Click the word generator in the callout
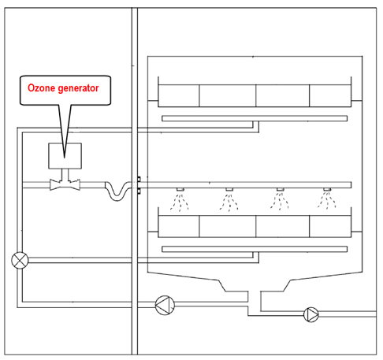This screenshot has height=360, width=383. (x=78, y=88)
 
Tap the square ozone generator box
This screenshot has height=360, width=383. (x=65, y=156)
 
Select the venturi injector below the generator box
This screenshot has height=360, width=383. (x=65, y=184)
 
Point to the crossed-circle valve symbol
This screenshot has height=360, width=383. (x=20, y=260)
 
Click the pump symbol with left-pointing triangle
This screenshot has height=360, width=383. (x=165, y=305)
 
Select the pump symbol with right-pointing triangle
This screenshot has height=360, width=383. (x=311, y=314)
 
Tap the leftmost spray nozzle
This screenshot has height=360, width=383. (x=180, y=189)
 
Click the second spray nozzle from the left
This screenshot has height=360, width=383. (x=229, y=189)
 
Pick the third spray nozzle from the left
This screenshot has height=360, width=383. (x=280, y=189)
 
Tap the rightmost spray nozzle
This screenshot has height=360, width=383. (x=327, y=189)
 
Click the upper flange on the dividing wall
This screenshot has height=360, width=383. (x=139, y=180)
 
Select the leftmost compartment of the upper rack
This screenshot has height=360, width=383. (x=179, y=95)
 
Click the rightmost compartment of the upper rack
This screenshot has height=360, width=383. (x=330, y=95)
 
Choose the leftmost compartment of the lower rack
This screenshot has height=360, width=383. (x=179, y=226)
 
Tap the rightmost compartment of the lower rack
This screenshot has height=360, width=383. (x=330, y=226)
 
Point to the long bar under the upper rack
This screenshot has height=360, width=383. (x=255, y=118)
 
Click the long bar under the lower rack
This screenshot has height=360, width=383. (x=255, y=249)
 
